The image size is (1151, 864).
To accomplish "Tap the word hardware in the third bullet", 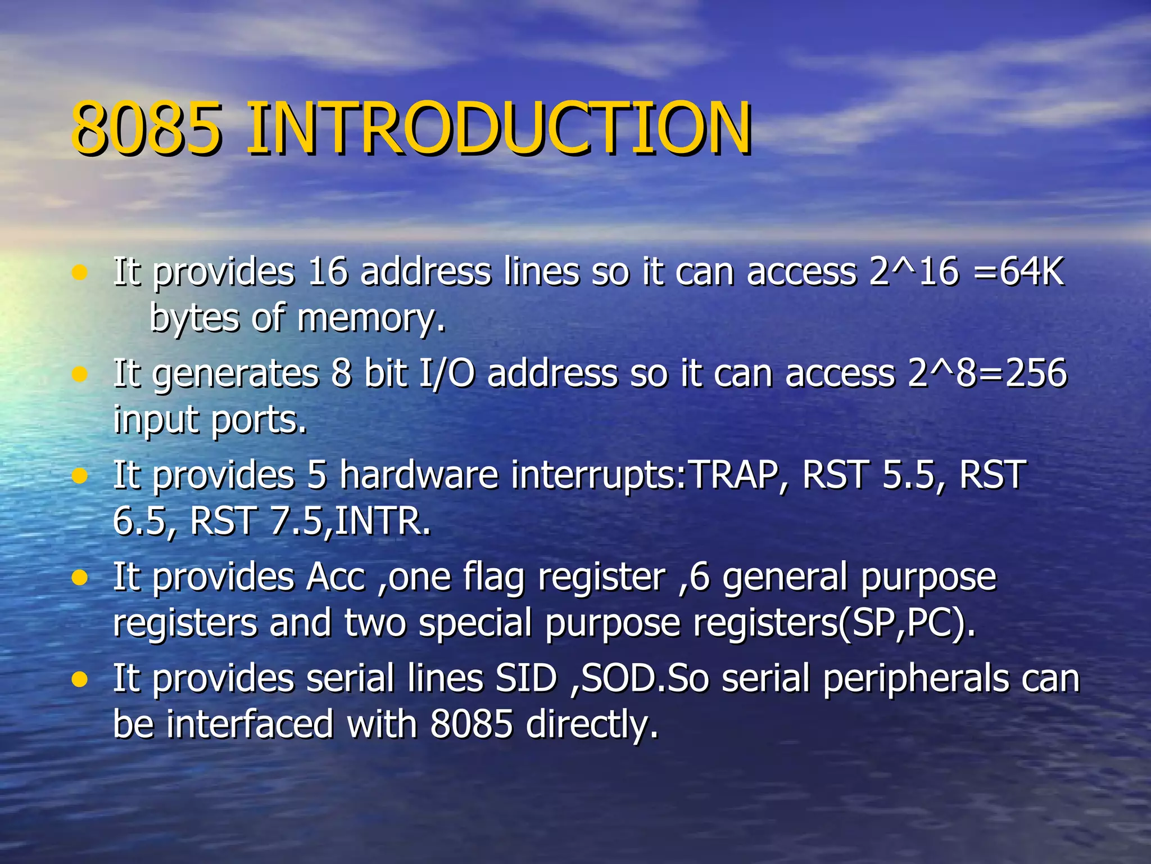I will (x=419, y=475).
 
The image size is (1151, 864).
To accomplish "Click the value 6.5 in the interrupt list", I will (x=144, y=521).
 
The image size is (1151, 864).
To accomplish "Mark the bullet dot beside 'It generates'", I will (x=80, y=374).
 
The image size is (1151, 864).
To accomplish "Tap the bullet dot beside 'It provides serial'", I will (x=80, y=679).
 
